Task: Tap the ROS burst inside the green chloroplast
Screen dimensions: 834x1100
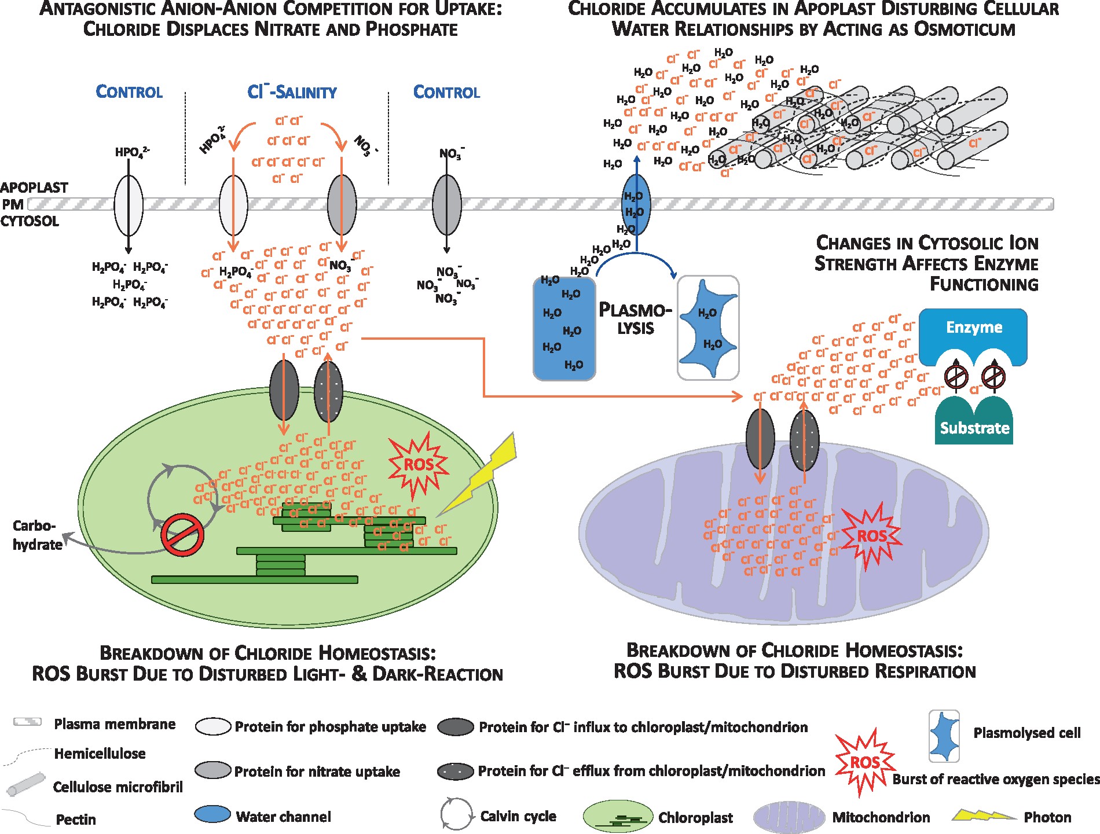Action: pos(418,465)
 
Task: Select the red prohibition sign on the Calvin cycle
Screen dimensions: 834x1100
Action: pos(182,535)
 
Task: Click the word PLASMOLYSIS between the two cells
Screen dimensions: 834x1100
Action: pos(635,319)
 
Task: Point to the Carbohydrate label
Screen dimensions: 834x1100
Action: pos(36,535)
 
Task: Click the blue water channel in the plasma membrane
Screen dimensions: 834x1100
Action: pos(636,204)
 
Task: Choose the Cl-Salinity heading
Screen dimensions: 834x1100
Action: pos(292,92)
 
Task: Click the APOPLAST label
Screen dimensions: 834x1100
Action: pos(34,188)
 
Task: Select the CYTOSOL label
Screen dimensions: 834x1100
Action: pos(30,221)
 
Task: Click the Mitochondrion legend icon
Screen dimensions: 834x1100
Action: pos(789,817)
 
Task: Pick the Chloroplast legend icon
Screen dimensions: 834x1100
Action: pos(618,817)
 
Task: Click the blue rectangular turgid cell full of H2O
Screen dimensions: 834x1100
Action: pos(564,329)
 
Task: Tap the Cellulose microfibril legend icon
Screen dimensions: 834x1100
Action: pos(26,784)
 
